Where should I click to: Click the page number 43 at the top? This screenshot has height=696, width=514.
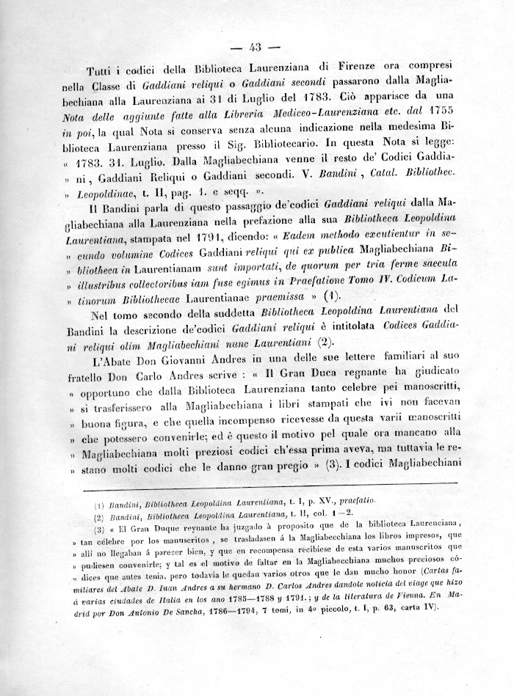[x=256, y=48]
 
